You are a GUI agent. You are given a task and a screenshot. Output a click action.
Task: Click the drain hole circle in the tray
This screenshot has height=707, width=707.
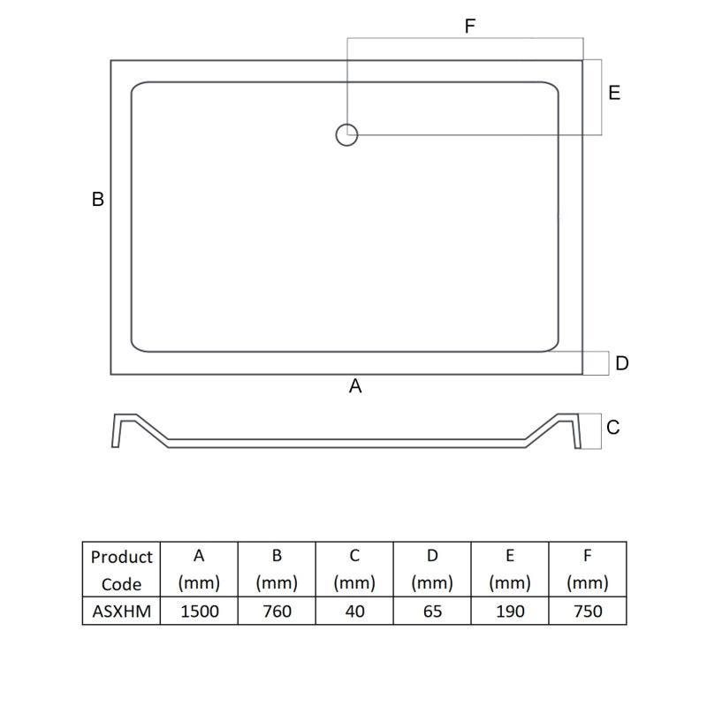[337, 135]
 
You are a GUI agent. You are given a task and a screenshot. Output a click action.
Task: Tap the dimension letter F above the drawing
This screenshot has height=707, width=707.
[470, 27]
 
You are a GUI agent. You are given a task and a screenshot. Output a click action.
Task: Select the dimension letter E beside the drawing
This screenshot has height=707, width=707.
[614, 93]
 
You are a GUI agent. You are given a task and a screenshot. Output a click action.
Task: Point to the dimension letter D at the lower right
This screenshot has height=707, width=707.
[622, 363]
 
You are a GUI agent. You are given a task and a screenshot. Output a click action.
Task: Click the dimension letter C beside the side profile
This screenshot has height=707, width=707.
[612, 428]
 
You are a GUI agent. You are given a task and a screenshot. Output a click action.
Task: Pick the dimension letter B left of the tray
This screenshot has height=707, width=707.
[98, 200]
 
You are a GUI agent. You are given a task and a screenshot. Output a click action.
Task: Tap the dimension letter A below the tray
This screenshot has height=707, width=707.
[355, 386]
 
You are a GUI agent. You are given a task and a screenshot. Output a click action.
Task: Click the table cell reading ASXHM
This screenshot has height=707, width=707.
[122, 612]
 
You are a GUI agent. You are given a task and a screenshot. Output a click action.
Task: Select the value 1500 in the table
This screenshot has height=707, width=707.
[200, 612]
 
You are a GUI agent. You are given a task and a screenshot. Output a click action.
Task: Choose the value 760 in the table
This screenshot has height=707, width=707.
[277, 612]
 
